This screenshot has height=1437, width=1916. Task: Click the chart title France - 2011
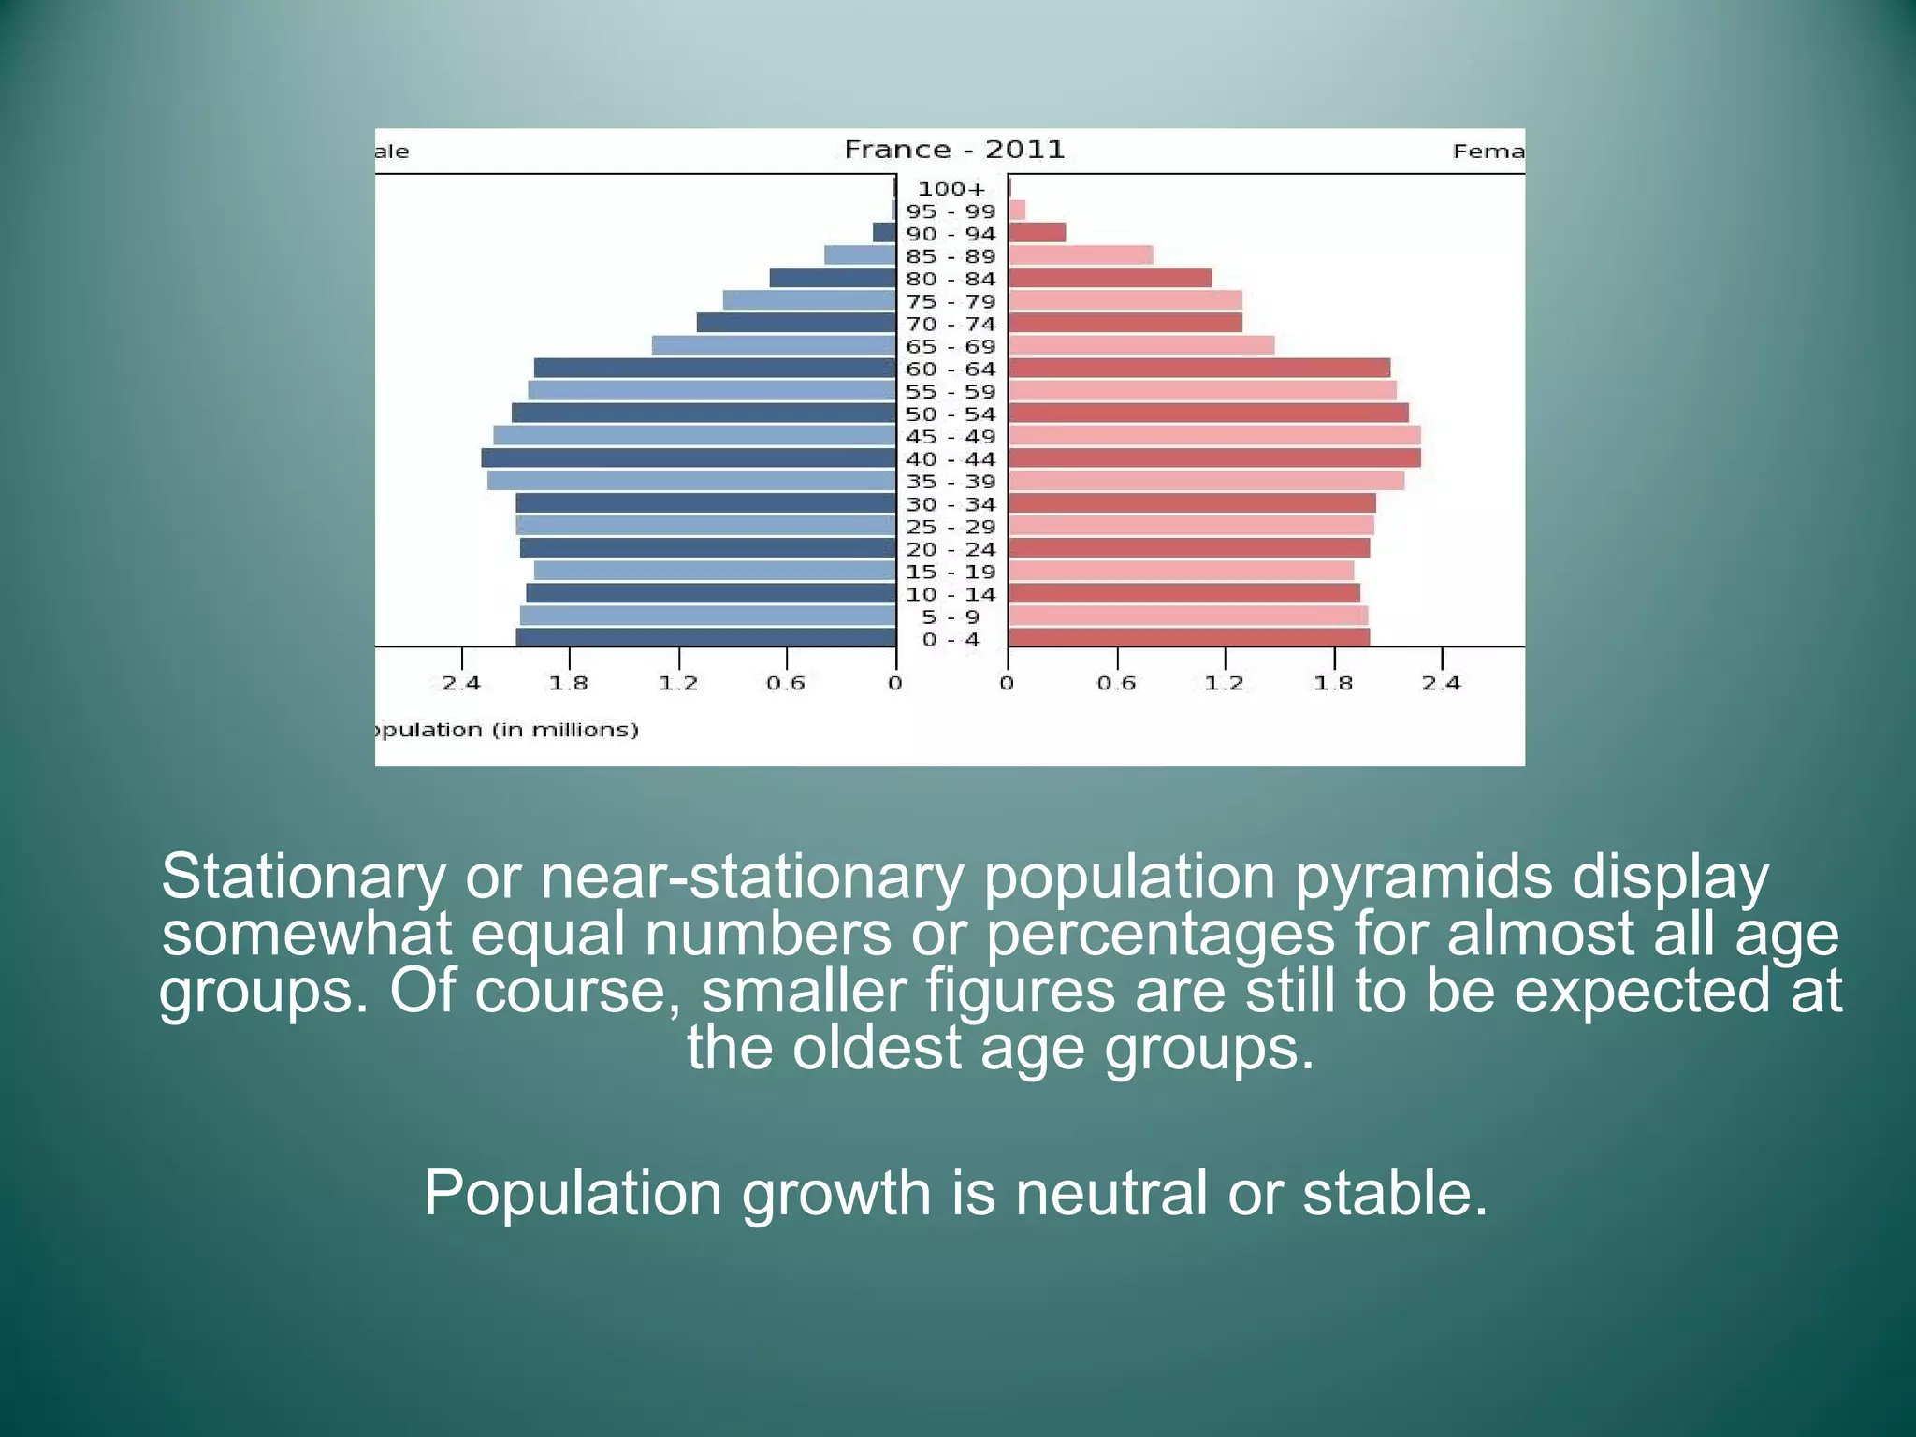[954, 150]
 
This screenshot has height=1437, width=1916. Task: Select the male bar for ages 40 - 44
[689, 458]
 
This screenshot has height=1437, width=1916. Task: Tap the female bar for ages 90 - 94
[1037, 233]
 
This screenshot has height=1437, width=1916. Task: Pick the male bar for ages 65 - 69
[774, 345]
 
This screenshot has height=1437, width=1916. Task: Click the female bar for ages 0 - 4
[1188, 638]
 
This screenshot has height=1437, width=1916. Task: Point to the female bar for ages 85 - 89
[1081, 255]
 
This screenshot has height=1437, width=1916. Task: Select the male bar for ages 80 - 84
[833, 278]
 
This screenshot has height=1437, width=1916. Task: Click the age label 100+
[951, 189]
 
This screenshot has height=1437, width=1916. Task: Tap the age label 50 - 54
[951, 414]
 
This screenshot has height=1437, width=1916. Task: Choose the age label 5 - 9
[951, 617]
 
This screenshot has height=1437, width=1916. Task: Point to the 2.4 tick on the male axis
[461, 683]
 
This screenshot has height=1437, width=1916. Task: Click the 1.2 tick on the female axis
[1225, 683]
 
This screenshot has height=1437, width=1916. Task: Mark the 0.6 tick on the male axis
[786, 683]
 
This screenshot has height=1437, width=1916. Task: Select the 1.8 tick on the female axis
[1333, 683]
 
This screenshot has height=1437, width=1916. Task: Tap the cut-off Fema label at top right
[1488, 152]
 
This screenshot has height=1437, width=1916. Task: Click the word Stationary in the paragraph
[303, 877]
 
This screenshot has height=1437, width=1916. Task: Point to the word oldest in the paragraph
[877, 1048]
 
